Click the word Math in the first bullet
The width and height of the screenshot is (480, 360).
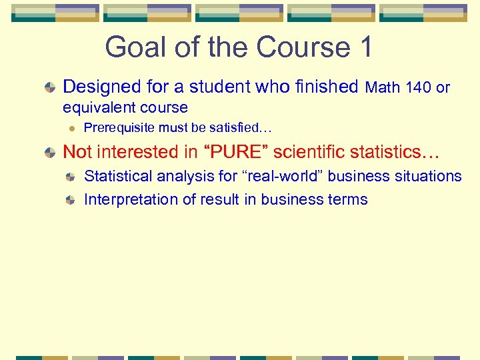click(383, 87)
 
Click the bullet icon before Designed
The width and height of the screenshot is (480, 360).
click(51, 87)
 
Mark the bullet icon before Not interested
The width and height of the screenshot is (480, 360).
click(51, 153)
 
